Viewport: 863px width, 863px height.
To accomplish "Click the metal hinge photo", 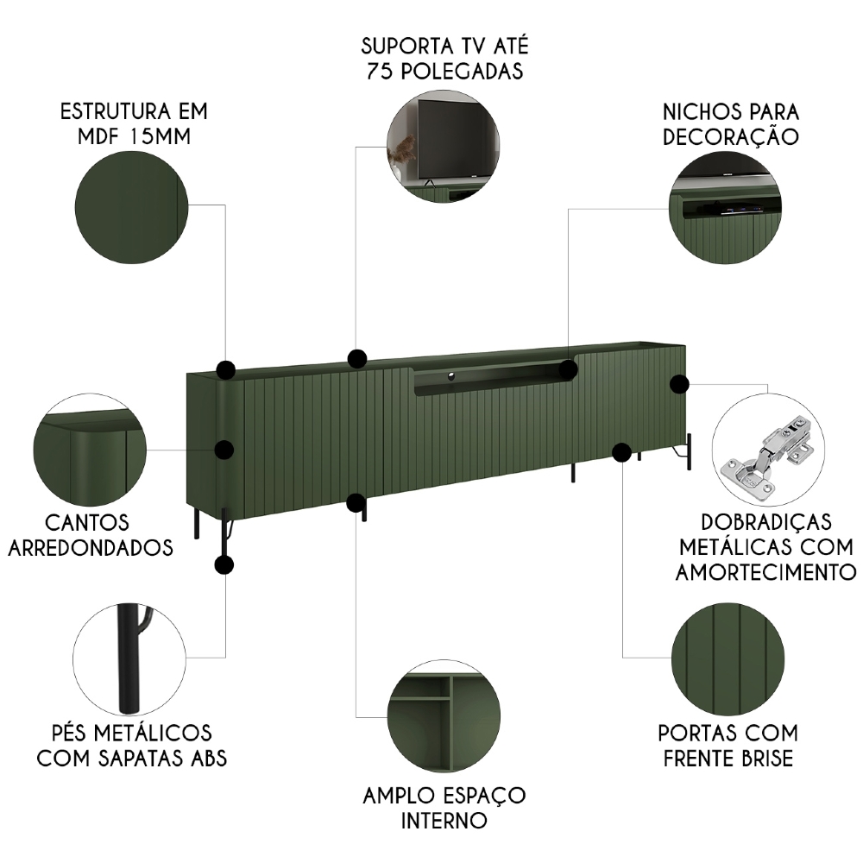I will pyautogui.click(x=767, y=450).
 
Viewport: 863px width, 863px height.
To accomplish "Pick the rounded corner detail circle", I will pyautogui.click(x=89, y=449).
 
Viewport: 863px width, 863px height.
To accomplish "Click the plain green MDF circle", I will pyautogui.click(x=132, y=206).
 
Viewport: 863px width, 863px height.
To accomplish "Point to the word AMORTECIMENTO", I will pyautogui.click(x=765, y=571).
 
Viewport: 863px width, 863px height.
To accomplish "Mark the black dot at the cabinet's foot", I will pyautogui.click(x=224, y=565).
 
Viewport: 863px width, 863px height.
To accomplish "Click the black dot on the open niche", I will pyautogui.click(x=567, y=369).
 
